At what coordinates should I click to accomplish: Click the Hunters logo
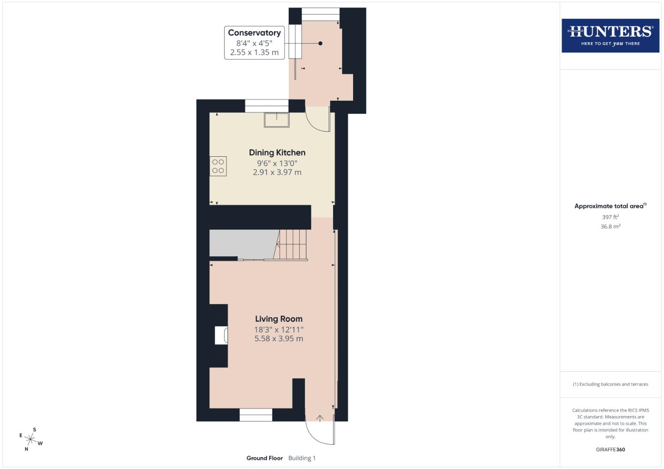coord(610,35)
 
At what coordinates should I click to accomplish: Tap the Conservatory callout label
coord(254,43)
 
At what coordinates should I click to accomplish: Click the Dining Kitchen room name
coord(277,152)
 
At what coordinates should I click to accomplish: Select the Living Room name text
coord(279,319)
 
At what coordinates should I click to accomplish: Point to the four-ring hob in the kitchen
coord(218,166)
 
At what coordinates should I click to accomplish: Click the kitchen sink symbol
coord(277,120)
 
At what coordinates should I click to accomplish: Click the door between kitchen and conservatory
coord(318,119)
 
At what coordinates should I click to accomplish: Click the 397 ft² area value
coord(610,217)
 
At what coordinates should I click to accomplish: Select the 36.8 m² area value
coord(610,226)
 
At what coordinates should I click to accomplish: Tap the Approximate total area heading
coord(610,206)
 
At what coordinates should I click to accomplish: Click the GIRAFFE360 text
coord(610,449)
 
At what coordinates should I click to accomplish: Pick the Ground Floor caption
coord(264,458)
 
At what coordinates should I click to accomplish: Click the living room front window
coord(256,415)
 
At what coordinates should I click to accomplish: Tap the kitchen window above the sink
coord(267,106)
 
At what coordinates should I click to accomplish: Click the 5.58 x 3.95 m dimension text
coord(279,339)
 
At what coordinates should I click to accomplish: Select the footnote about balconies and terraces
coord(610,384)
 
